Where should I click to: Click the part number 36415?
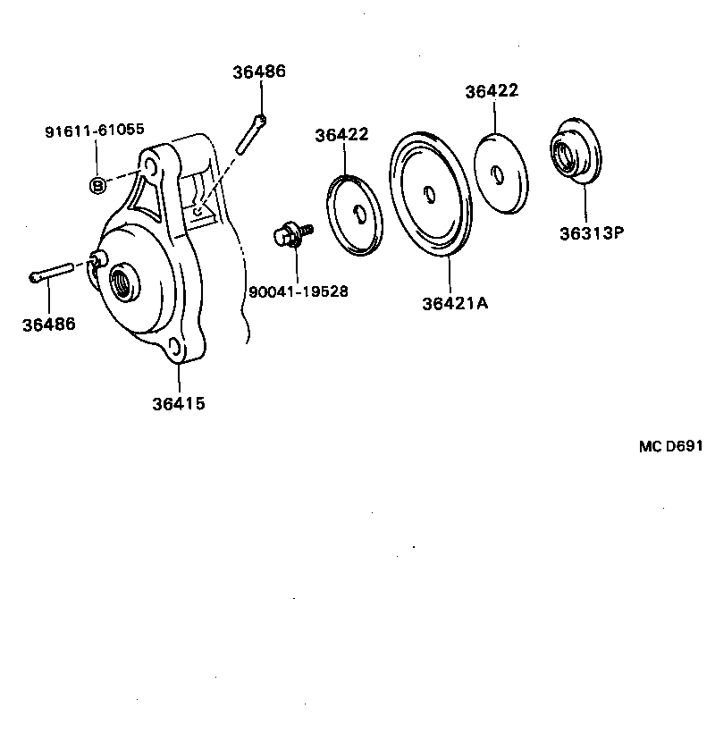click(x=178, y=403)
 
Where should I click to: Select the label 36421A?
click(x=455, y=303)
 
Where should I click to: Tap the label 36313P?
click(x=591, y=233)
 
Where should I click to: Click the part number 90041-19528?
click(x=298, y=291)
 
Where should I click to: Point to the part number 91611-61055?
click(x=95, y=131)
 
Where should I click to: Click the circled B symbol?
click(x=97, y=185)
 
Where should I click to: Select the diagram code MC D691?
click(x=670, y=446)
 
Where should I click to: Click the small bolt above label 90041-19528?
click(x=290, y=235)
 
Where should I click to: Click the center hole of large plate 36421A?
click(x=430, y=194)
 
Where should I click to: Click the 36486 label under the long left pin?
click(x=49, y=324)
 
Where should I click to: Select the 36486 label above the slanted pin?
click(x=259, y=72)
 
